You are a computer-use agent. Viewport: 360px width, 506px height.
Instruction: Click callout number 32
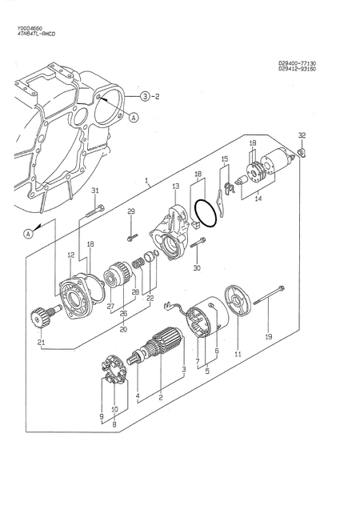pos(302,135)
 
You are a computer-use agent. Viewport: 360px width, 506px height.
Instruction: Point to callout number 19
pos(269,336)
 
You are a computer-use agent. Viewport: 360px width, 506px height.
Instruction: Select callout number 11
pos(237,353)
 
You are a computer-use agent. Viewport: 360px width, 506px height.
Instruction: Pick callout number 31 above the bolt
pos(95,190)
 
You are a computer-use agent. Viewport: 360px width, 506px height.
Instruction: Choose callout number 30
pos(197,267)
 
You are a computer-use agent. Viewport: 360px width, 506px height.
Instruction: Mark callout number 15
pos(225,159)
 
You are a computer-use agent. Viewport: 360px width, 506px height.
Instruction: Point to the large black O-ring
pos(206,213)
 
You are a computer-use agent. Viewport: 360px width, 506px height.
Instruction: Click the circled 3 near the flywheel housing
pos(145,97)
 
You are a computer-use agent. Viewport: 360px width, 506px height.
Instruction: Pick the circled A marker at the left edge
pos(27,234)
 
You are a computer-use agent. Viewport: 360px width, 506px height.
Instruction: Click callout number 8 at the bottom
pos(114,424)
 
